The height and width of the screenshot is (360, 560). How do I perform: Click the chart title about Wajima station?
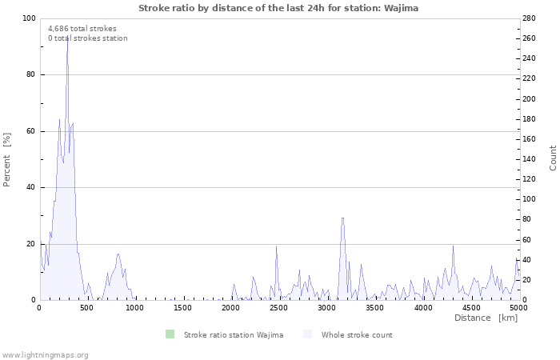point(278,8)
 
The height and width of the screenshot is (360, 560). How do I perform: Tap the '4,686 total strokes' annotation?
point(82,29)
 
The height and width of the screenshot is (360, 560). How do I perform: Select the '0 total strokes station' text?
point(87,38)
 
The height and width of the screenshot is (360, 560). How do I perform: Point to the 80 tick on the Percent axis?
point(30,75)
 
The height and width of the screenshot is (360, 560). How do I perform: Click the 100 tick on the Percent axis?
point(29,18)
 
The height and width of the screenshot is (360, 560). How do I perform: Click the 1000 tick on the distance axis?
point(135,307)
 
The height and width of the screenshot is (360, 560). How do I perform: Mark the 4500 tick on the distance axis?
point(471,307)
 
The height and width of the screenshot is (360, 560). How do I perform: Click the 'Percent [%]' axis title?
point(7,159)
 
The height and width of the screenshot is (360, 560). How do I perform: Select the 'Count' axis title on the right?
point(553,158)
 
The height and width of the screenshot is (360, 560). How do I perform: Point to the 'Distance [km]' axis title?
point(486,318)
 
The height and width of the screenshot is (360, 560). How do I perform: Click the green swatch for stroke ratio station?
point(170,334)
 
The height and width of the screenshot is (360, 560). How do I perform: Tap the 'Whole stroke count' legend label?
point(357,335)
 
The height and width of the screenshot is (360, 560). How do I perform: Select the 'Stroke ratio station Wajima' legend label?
point(234,335)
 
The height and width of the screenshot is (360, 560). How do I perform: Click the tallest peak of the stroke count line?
point(67,36)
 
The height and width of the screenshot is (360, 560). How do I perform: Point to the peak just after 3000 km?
point(342,218)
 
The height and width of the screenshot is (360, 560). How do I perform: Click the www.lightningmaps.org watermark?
point(45,355)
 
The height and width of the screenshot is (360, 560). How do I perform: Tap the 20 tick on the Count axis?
point(528,280)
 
